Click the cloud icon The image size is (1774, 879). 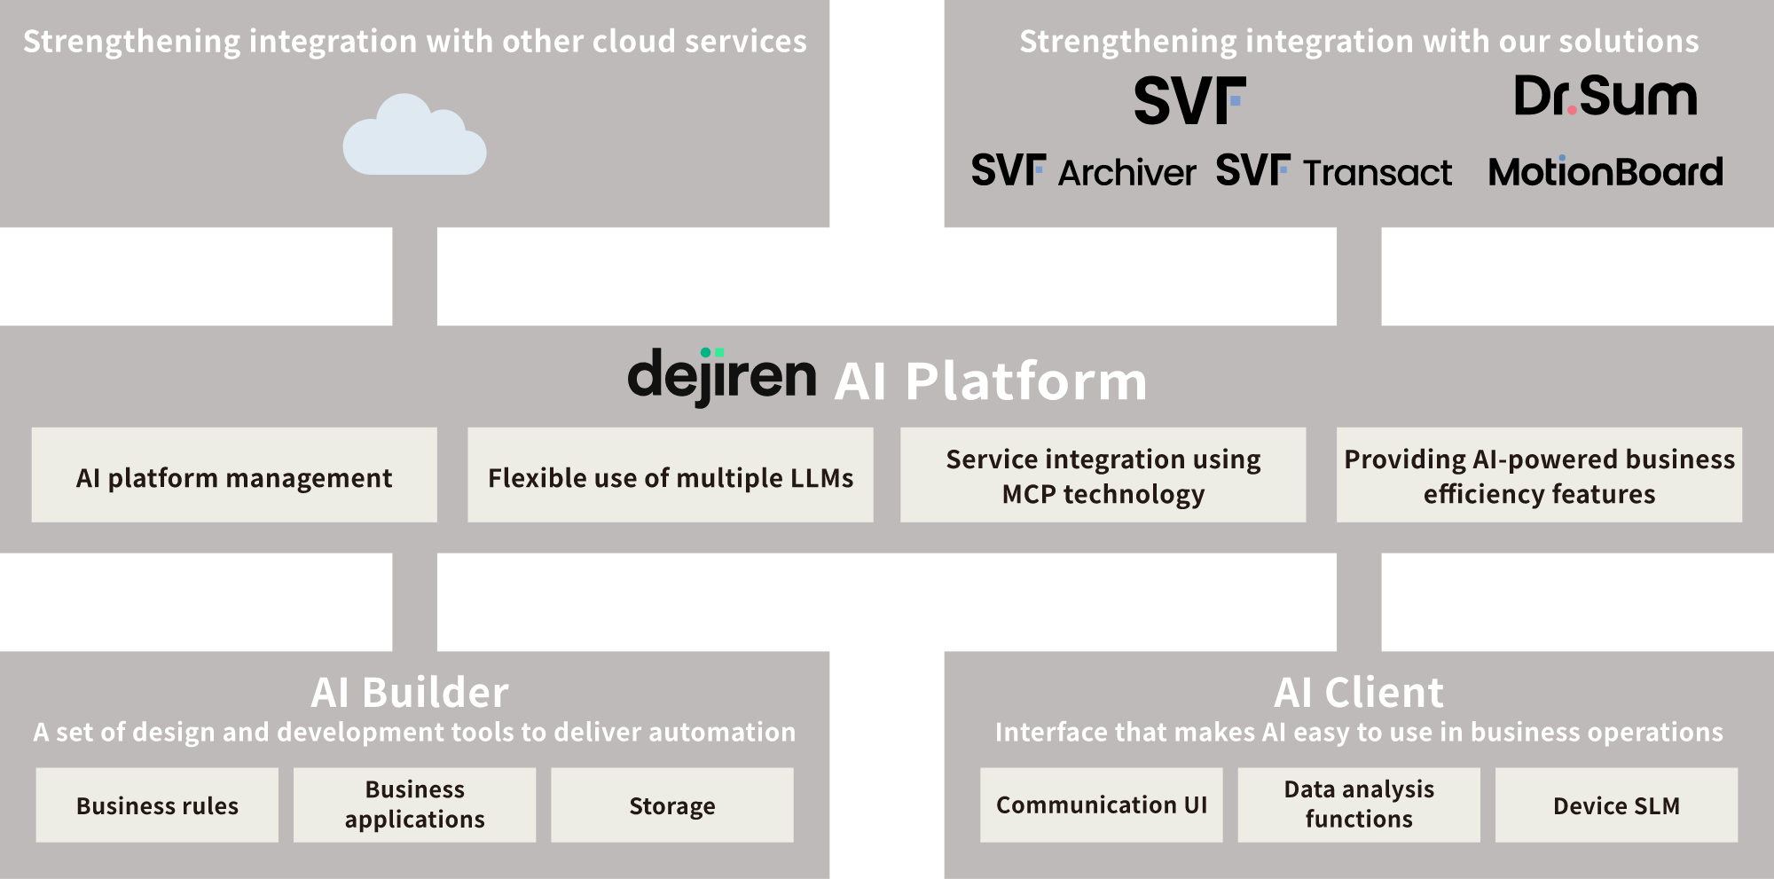pos(414,135)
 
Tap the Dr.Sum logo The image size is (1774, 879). pos(1605,96)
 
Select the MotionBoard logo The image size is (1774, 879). pos(1605,171)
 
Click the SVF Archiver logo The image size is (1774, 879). pos(1083,170)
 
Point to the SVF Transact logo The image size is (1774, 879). pos(1334,170)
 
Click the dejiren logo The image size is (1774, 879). pos(722,376)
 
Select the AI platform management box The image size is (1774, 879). pos(234,475)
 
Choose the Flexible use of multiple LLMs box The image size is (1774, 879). pos(671,475)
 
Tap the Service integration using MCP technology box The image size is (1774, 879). pos(1103,475)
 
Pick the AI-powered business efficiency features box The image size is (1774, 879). pos(1540,475)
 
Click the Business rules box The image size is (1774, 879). pos(157,805)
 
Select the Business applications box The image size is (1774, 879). pos(415,805)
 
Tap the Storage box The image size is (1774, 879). pos(672,805)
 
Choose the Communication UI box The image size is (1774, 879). pos(1102,805)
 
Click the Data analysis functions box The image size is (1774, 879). pos(1359,805)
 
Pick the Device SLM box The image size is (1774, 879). pos(1617,805)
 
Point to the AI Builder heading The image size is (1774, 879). pos(410,693)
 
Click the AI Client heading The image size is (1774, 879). pos(1359,693)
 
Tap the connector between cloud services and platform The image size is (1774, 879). pos(414,277)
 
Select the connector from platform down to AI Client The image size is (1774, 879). pos(1359,602)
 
